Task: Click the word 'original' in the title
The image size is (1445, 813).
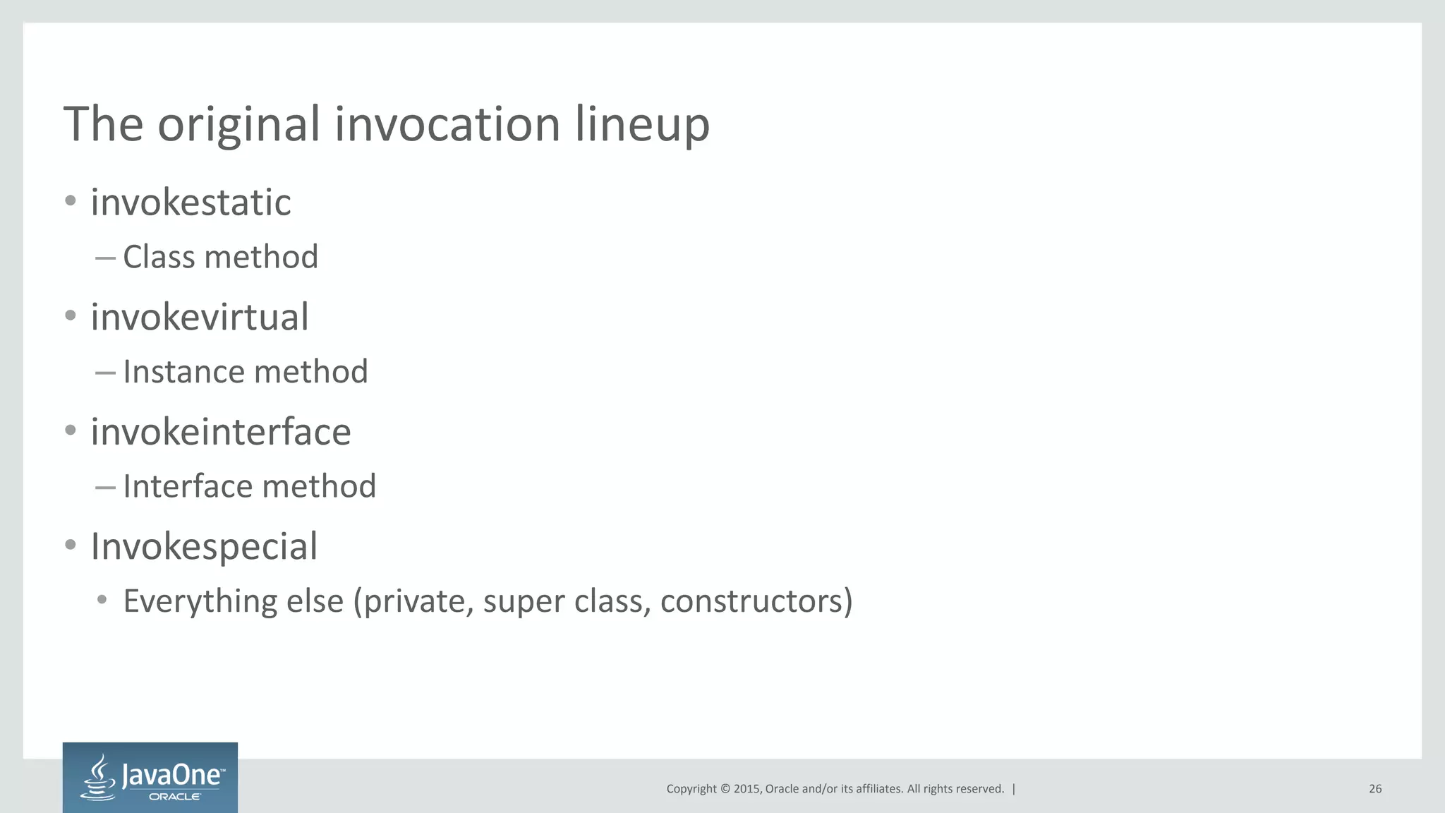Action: pos(238,125)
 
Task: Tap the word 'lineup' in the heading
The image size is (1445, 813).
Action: pos(641,125)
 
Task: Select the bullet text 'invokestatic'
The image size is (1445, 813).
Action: pos(191,203)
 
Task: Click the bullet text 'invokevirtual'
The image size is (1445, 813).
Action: pos(200,317)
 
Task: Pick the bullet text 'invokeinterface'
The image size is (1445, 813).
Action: pos(220,432)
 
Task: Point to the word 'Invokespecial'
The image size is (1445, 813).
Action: pos(204,546)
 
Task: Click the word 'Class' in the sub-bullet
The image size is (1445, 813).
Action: pos(158,257)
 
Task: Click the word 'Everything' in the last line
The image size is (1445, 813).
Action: pos(200,601)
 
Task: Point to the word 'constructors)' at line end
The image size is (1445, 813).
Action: pos(756,601)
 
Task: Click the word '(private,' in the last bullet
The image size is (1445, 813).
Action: pos(413,601)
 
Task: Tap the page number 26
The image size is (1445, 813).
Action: pos(1374,789)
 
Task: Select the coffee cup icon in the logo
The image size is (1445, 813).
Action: pos(99,777)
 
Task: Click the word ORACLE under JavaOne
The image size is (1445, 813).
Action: pos(175,797)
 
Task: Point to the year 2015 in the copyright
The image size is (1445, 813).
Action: pos(746,789)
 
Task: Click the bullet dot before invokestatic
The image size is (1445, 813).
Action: pos(70,201)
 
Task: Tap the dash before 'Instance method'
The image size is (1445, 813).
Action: pos(105,373)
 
